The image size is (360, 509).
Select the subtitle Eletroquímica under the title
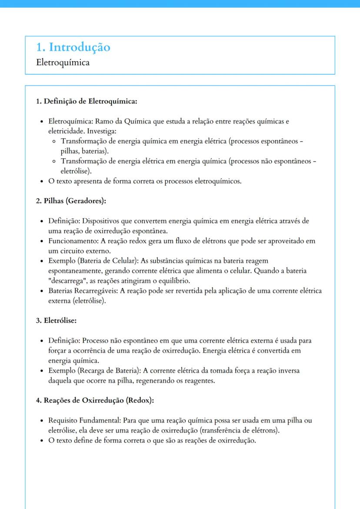pyautogui.click(x=63, y=63)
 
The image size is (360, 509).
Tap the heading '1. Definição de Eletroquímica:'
pyautogui.click(x=87, y=102)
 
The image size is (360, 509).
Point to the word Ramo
pyautogui.click(x=104, y=121)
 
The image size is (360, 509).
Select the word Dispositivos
pyautogui.click(x=100, y=221)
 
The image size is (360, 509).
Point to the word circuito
pyautogui.click(x=68, y=251)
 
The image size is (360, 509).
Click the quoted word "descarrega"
pyautogui.click(x=66, y=281)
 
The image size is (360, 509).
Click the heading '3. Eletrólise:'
pyautogui.click(x=56, y=321)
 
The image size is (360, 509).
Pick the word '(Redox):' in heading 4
pyautogui.click(x=140, y=401)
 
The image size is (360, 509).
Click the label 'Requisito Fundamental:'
pyautogui.click(x=85, y=421)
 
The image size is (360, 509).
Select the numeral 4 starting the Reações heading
pyautogui.click(x=38, y=401)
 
